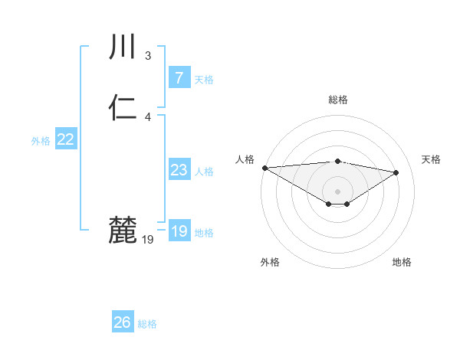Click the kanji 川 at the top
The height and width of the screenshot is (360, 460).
click(x=122, y=47)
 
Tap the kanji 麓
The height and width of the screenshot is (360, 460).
click(x=122, y=230)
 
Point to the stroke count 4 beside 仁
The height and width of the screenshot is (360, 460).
click(x=148, y=117)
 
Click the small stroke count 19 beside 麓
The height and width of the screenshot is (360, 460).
click(x=148, y=240)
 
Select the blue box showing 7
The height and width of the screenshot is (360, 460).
click(x=179, y=77)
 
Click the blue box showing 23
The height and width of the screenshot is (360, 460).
click(x=179, y=170)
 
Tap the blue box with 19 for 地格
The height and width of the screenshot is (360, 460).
click(x=179, y=231)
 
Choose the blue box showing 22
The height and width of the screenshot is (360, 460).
click(x=66, y=139)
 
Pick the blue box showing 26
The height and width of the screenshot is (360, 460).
click(x=123, y=322)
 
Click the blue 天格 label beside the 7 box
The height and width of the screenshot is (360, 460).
click(x=204, y=80)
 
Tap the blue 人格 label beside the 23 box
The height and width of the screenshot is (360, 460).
click(x=204, y=172)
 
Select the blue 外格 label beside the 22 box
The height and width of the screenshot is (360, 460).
click(x=41, y=141)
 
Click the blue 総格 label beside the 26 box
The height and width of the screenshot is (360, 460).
click(x=147, y=324)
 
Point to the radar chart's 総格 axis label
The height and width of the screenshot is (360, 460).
click(x=337, y=100)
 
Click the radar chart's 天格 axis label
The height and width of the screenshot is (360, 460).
click(x=432, y=159)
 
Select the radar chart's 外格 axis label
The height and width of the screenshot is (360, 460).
click(x=270, y=262)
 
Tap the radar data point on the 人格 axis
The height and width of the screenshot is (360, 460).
click(x=264, y=168)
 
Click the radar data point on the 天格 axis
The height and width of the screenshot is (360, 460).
click(x=396, y=172)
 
